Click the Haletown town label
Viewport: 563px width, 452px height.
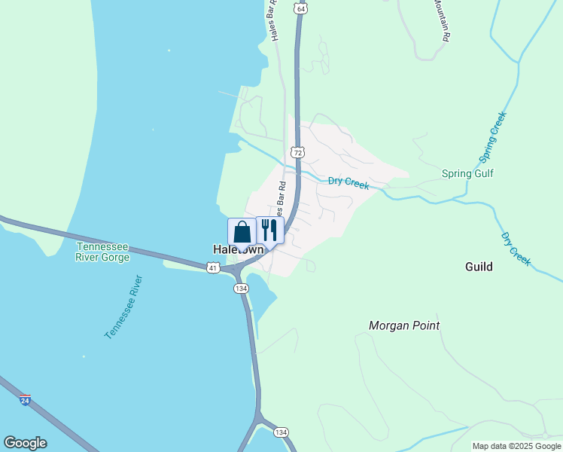pos(239,249)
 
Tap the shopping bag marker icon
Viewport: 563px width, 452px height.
pos(242,231)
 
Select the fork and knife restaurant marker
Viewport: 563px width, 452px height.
pos(269,230)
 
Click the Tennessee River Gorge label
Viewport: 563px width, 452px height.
pos(102,252)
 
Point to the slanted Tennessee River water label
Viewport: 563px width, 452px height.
pos(123,307)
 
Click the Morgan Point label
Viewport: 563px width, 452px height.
pos(404,325)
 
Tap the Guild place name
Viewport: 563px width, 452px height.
pos(479,267)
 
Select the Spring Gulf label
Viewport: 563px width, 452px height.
pos(467,174)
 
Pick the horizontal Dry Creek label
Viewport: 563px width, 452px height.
pos(348,182)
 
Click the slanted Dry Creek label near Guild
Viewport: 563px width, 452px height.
pos(516,249)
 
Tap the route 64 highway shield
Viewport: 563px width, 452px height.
pos(301,9)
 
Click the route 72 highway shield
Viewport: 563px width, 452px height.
pos(299,152)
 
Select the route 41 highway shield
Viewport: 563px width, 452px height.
pos(213,267)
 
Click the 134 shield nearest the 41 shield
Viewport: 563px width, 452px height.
pos(241,289)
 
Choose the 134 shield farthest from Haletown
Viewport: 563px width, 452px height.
pos(281,432)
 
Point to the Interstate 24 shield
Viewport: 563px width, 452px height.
pos(26,401)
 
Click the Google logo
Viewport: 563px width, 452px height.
pos(25,443)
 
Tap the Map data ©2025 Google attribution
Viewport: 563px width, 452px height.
pos(517,446)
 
